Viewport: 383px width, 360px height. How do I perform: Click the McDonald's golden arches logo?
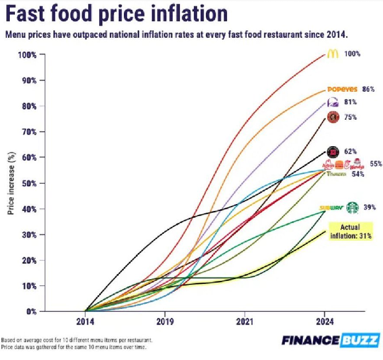tap(332, 54)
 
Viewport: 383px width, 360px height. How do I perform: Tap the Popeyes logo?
tap(342, 89)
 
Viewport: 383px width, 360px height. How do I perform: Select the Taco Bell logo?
tap(333, 103)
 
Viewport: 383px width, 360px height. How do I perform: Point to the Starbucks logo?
tap(351, 207)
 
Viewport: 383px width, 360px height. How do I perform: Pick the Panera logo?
tap(337, 174)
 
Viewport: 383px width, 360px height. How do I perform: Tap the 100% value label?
tap(353, 54)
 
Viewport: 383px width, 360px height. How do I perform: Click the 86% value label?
tap(368, 89)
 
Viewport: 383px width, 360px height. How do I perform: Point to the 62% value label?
tap(351, 152)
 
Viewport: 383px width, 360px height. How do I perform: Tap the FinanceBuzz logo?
tap(330, 340)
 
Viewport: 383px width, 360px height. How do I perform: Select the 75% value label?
tap(351, 118)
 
